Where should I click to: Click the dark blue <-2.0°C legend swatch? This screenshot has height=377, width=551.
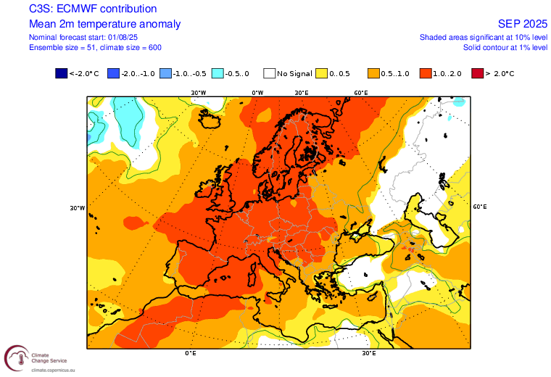[x=61, y=73]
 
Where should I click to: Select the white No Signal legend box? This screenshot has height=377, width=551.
[x=270, y=73]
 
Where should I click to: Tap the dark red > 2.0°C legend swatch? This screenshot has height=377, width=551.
[x=476, y=73]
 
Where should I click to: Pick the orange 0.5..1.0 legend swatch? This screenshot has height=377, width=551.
[x=373, y=73]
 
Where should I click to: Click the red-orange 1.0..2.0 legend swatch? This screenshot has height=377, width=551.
[x=426, y=73]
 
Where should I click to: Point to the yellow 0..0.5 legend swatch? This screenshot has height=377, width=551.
[x=322, y=73]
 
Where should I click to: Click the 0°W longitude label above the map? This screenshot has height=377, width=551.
[x=257, y=93]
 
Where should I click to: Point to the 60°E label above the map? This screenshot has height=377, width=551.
[x=361, y=93]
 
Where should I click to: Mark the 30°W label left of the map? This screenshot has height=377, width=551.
[x=78, y=208]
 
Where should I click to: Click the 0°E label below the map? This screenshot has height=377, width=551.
[x=191, y=354]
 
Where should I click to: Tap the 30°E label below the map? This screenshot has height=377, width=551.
[x=368, y=354]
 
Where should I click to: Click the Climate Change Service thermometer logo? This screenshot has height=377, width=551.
[x=16, y=357]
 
